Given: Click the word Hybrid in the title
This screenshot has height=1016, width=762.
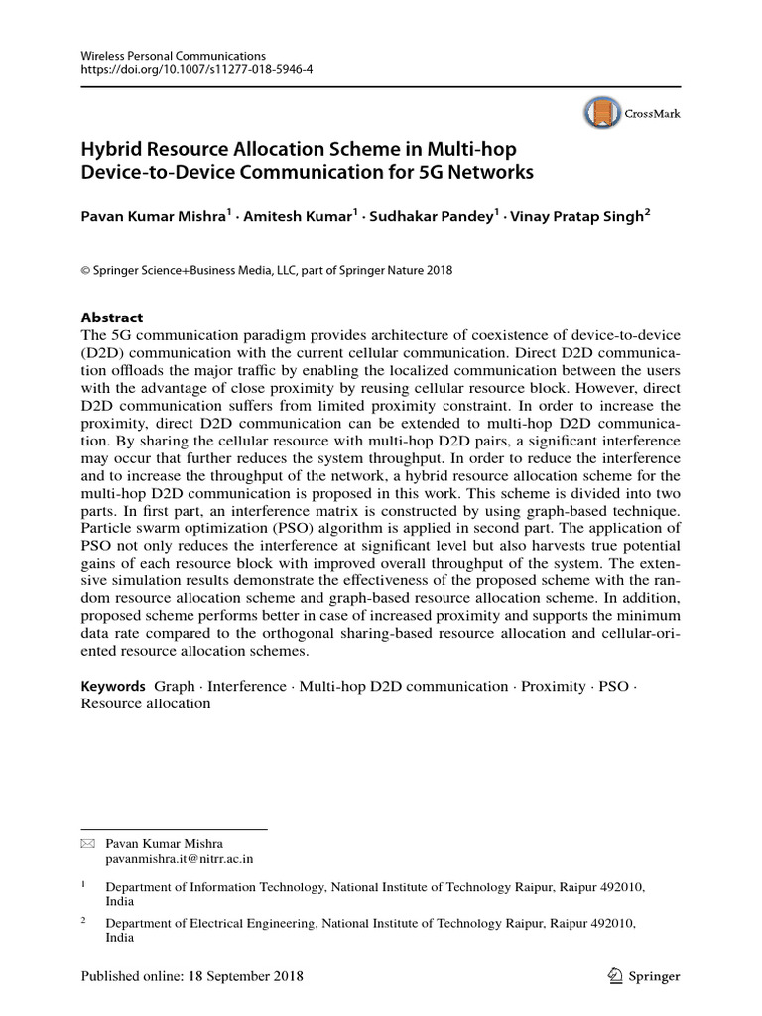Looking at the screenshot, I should tap(113, 150).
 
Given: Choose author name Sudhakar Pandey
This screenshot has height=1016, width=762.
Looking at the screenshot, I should tap(431, 216).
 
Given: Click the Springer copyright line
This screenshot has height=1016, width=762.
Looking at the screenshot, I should tap(266, 270).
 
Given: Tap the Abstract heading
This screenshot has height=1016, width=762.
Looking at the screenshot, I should tap(111, 317).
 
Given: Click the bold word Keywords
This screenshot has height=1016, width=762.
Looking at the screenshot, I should tap(113, 687).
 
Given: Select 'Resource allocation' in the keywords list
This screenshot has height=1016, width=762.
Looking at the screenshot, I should tap(145, 703).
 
